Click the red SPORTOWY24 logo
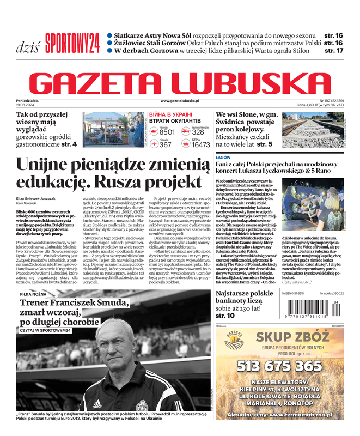tap(72, 43)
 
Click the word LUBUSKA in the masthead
tap(250, 84)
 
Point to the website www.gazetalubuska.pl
tap(180, 101)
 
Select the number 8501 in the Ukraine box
tap(167, 132)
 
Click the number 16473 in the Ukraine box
tap(200, 145)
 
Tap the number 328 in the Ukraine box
tap(198, 132)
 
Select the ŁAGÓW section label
tap(223, 157)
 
